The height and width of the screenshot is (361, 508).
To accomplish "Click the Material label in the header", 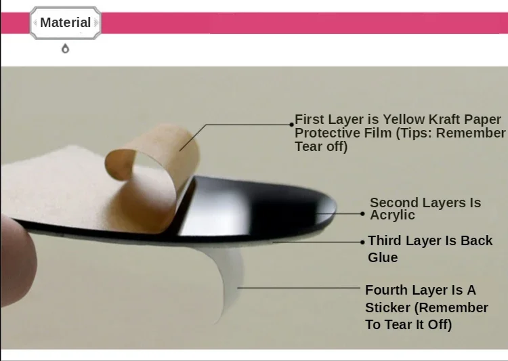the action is click(x=66, y=22).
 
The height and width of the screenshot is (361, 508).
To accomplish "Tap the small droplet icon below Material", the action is click(x=66, y=49).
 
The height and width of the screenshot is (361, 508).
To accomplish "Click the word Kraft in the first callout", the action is click(x=445, y=119).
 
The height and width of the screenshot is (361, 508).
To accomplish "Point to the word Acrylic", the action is click(x=392, y=215).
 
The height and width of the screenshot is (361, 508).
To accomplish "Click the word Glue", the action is click(x=383, y=257).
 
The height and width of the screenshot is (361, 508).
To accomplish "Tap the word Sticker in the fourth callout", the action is click(x=388, y=307).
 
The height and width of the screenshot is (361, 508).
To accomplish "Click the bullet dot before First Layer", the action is click(x=291, y=125).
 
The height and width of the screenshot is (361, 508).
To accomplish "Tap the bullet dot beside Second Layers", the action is click(x=362, y=214).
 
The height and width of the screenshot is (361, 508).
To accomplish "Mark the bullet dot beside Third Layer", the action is click(x=362, y=242).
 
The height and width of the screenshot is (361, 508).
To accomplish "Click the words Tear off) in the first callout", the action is click(x=321, y=146).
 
